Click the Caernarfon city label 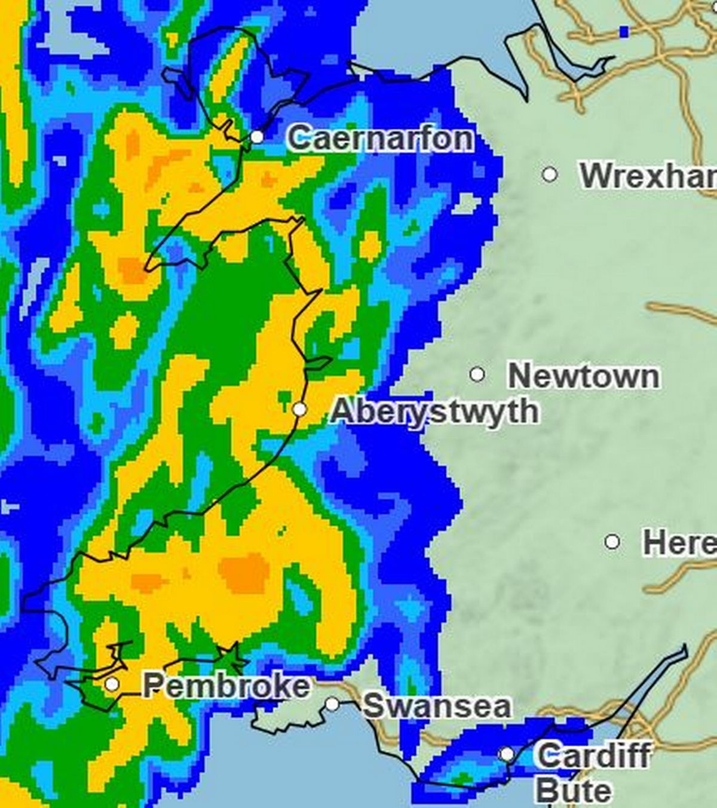pyautogui.click(x=381, y=139)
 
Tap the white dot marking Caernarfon pyautogui.click(x=257, y=137)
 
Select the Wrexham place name pyautogui.click(x=648, y=176)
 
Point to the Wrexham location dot pyautogui.click(x=550, y=175)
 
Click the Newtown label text pyautogui.click(x=584, y=376)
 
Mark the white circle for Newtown pyautogui.click(x=477, y=374)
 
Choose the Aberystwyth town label pyautogui.click(x=434, y=411)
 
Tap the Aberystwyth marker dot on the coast pyautogui.click(x=300, y=410)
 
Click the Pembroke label pyautogui.click(x=226, y=685)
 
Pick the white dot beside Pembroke pyautogui.click(x=112, y=684)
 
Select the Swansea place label pyautogui.click(x=437, y=706)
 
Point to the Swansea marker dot pyautogui.click(x=332, y=705)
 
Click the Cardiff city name pyautogui.click(x=593, y=755)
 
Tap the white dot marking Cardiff pyautogui.click(x=507, y=754)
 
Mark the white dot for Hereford pyautogui.click(x=612, y=542)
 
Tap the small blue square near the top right pyautogui.click(x=624, y=31)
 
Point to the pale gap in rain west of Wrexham pyautogui.click(x=467, y=204)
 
